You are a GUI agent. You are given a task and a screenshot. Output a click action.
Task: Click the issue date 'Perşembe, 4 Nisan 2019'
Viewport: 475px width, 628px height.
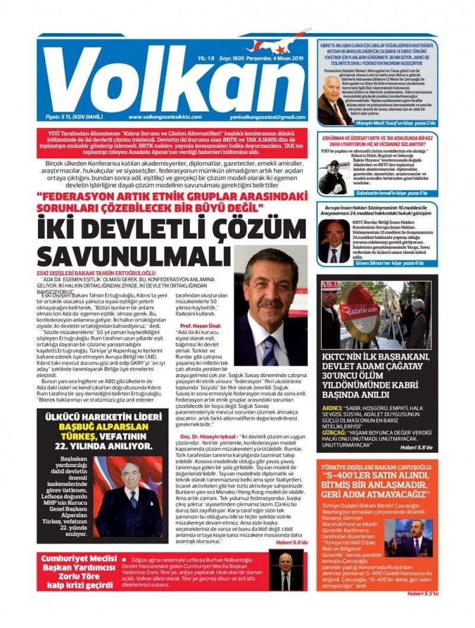(x=267, y=58)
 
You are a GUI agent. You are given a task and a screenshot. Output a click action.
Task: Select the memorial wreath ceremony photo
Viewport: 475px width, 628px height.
(x=376, y=314)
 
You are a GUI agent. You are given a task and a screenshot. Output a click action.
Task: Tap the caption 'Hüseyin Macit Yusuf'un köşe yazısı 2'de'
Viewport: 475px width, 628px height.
(x=389, y=123)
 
